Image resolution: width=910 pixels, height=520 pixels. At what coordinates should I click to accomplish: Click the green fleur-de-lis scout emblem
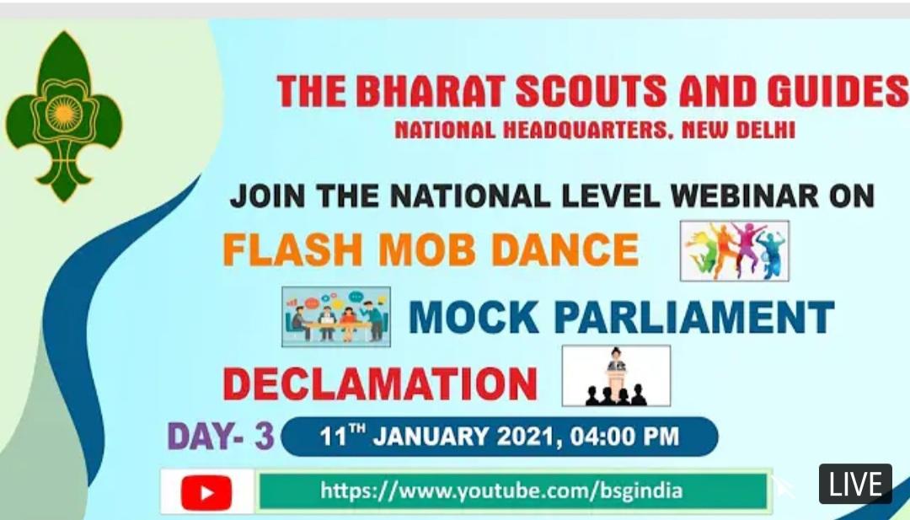point(64,116)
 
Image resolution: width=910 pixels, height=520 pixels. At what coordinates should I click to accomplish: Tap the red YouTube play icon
point(206,492)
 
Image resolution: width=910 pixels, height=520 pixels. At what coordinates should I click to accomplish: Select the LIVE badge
point(855,484)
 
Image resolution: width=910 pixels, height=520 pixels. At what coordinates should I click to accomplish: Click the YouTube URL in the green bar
point(500,491)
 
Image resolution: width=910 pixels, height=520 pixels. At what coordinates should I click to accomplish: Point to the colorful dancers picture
point(734,250)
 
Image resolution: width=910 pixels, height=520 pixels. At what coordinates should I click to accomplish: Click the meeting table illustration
point(336,316)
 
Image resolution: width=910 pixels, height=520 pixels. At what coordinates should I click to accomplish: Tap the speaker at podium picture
point(616,376)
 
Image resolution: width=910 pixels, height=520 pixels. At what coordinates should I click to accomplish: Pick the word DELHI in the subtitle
point(765,130)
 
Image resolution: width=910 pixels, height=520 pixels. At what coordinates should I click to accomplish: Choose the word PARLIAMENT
point(694,317)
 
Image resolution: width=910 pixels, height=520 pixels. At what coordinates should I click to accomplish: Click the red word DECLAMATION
point(380,384)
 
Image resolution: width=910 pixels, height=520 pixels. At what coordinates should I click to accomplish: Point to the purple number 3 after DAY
point(264,437)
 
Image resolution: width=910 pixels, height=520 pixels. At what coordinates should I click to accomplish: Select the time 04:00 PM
point(624,437)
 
